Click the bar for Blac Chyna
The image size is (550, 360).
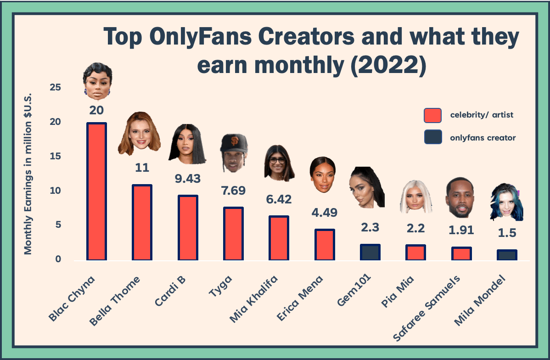pyautogui.click(x=96, y=191)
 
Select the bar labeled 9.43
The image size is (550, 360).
pyautogui.click(x=188, y=228)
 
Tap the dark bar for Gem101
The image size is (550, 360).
pyautogui.click(x=370, y=252)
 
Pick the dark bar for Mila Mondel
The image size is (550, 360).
pyautogui.click(x=506, y=255)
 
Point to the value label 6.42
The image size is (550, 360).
pyautogui.click(x=279, y=199)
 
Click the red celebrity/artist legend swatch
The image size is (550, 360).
pyautogui.click(x=432, y=115)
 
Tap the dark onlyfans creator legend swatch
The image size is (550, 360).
pyautogui.click(x=432, y=137)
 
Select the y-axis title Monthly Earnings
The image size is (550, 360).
pyautogui.click(x=28, y=184)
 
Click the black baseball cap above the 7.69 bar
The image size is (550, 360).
pyautogui.click(x=234, y=144)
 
